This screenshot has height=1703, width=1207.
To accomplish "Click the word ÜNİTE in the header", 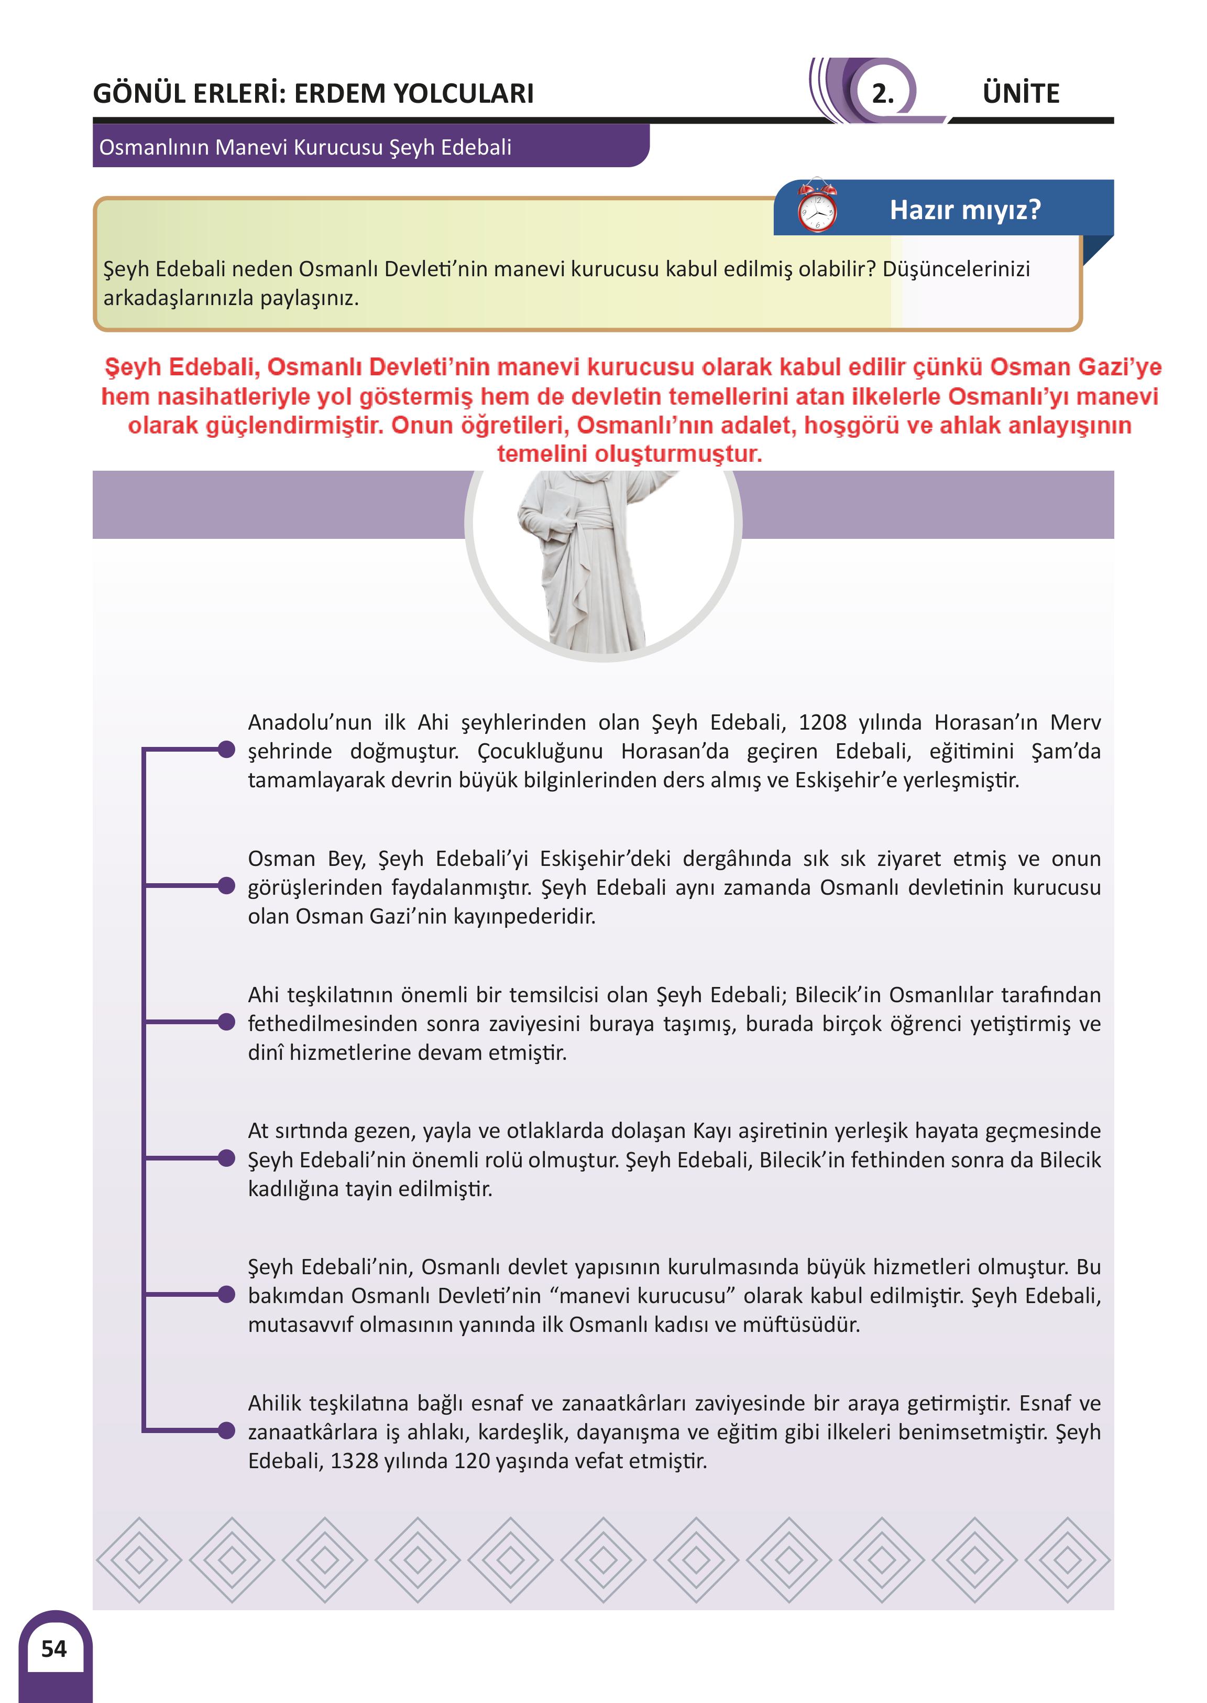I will point(1021,94).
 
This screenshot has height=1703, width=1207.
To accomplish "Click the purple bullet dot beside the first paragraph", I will point(227,750).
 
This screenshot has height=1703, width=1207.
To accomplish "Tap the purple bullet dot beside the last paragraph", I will point(227,1430).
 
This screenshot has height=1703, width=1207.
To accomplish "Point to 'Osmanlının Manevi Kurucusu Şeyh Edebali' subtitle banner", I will point(305,147).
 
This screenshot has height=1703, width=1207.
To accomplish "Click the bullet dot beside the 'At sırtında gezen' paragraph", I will point(227,1158).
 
